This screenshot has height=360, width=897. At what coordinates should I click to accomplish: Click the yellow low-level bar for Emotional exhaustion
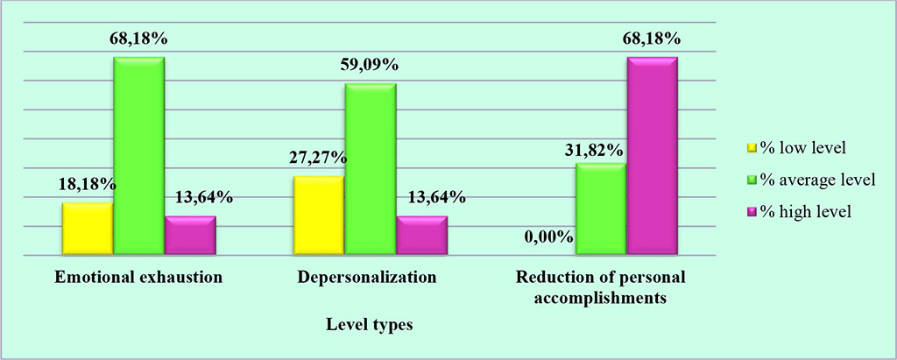point(88,229)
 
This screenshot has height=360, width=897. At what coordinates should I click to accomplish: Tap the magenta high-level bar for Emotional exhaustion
point(190,235)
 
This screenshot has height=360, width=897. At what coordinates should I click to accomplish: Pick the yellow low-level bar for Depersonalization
point(318,215)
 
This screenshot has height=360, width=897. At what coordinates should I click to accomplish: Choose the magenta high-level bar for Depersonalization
point(421,235)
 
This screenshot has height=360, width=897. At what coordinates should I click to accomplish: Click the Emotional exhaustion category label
point(138,278)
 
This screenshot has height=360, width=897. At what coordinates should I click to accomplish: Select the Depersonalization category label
point(368,278)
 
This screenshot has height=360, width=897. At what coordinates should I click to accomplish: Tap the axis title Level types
point(369,325)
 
